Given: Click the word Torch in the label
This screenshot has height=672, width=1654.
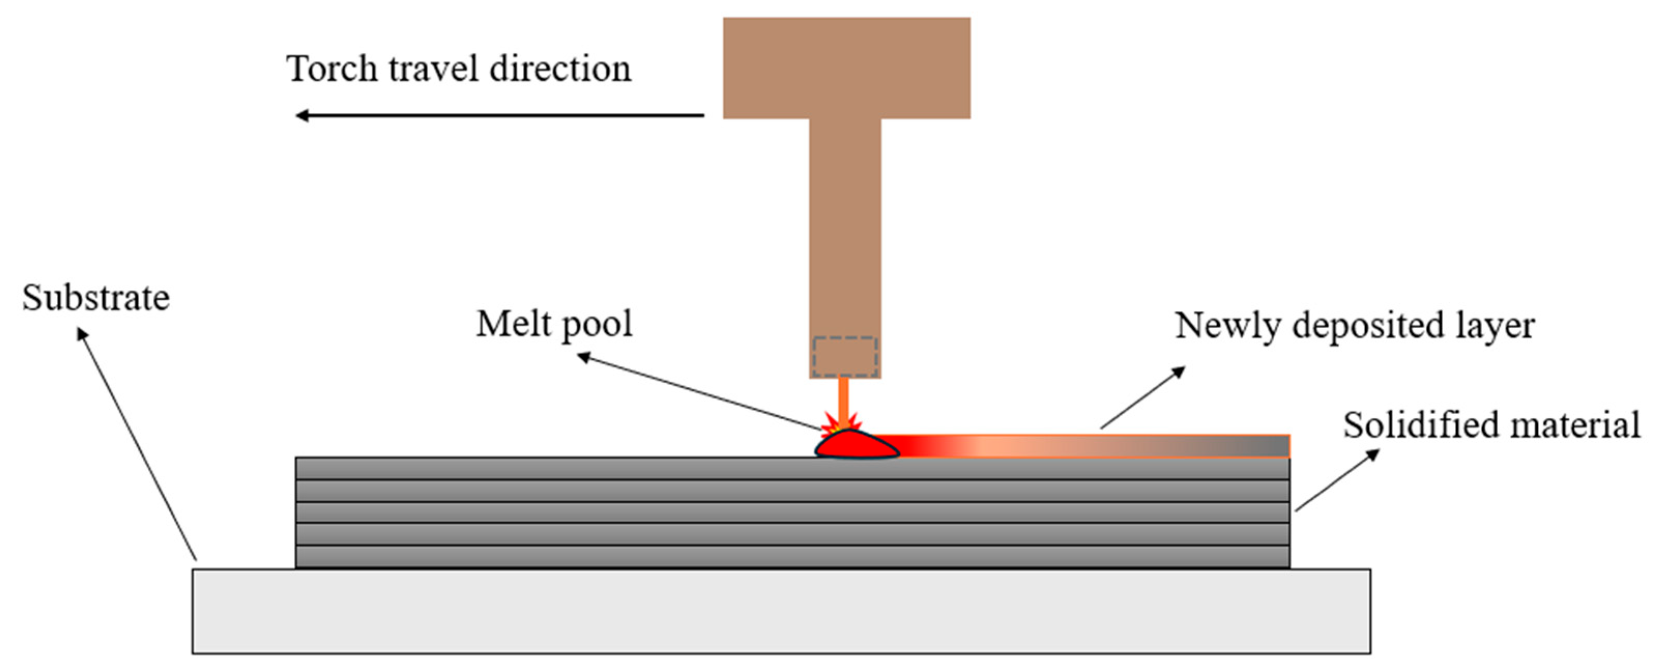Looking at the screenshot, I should (331, 69).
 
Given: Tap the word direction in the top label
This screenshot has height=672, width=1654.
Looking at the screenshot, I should (560, 69).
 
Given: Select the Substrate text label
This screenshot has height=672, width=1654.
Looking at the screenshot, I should (96, 298).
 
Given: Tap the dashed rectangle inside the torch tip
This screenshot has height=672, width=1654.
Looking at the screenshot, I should (844, 357).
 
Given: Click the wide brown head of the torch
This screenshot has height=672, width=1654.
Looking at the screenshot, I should (846, 67).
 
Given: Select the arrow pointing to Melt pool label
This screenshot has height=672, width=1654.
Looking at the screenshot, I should (700, 391).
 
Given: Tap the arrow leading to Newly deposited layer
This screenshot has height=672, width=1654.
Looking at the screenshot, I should (1143, 397).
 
